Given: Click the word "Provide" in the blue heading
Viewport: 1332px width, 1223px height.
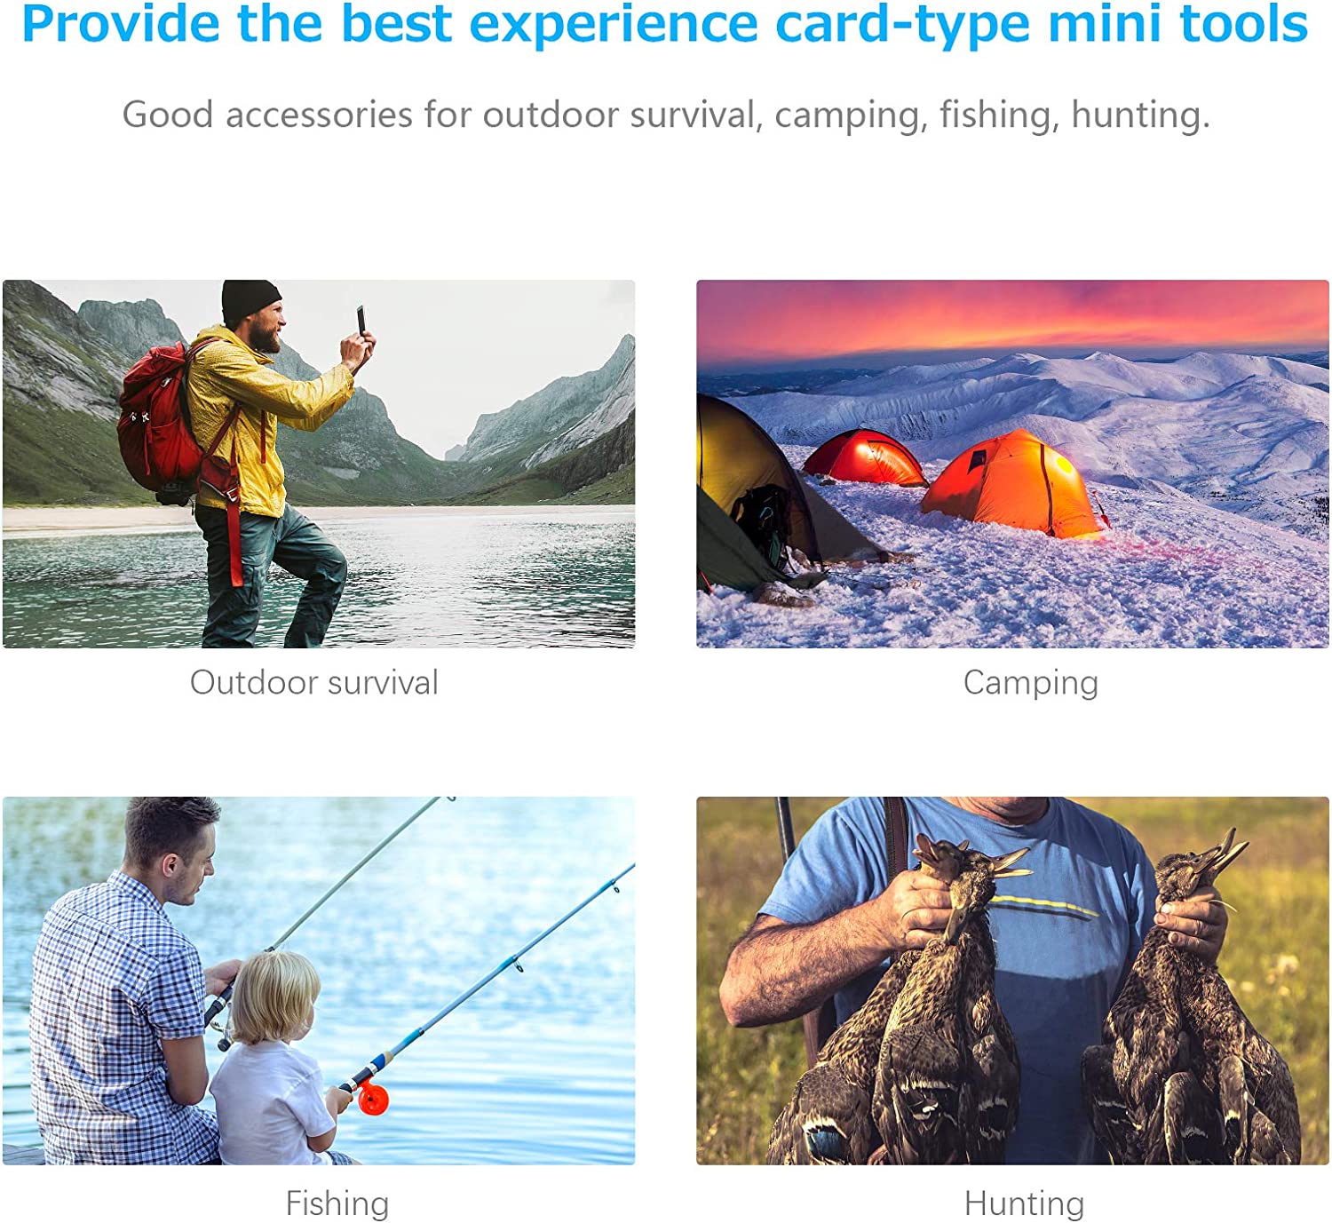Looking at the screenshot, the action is tap(121, 24).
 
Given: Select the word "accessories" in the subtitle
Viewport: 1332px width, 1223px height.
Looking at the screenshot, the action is tap(320, 115).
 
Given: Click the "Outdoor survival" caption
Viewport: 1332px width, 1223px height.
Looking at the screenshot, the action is tap(314, 682).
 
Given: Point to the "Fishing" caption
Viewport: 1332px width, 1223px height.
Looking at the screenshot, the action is tap(337, 1203).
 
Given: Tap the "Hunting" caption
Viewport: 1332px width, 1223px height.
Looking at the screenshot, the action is tap(1025, 1203).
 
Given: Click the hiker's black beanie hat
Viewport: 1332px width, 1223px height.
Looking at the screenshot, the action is tap(250, 302).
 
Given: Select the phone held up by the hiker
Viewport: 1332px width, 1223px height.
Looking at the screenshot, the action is tap(361, 321).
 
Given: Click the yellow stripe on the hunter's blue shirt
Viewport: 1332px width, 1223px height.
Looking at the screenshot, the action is tap(1043, 904).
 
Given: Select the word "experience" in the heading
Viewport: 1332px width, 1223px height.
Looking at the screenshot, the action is tap(613, 25).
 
